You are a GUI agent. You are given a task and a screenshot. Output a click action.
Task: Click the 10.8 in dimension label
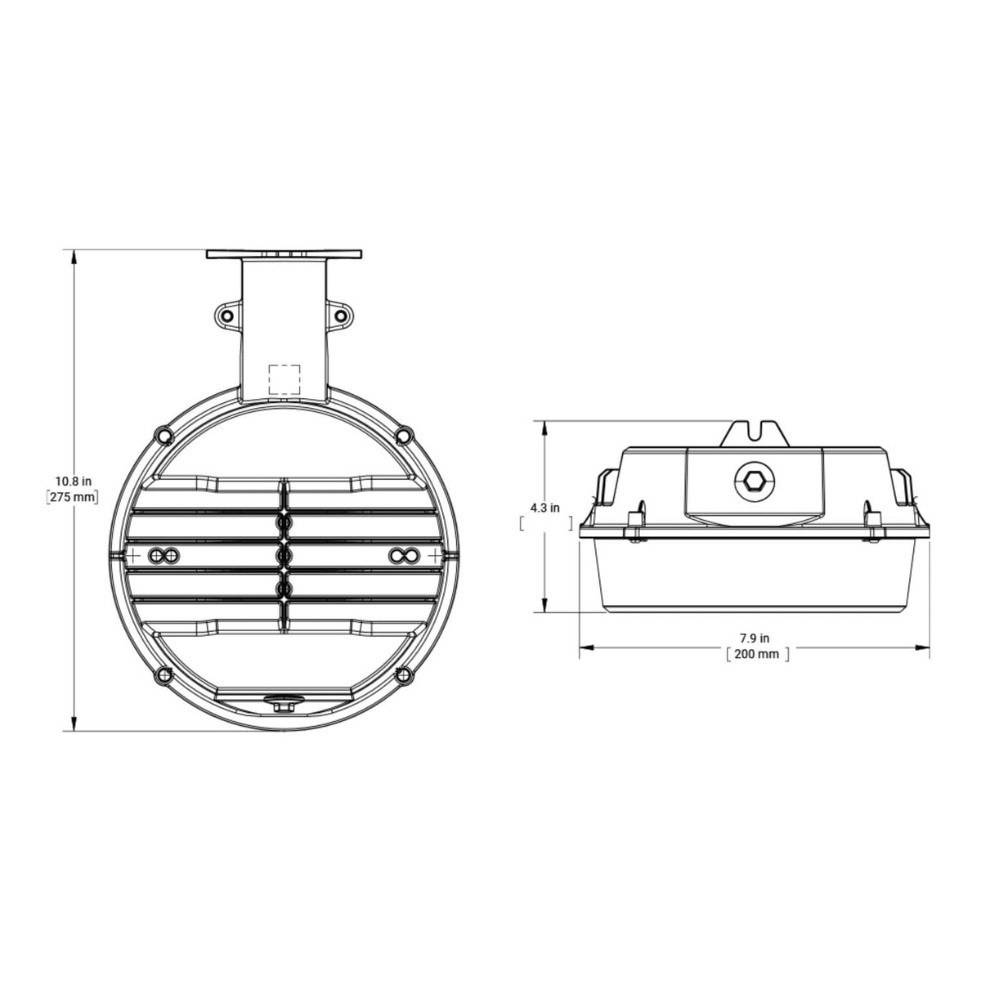(74, 481)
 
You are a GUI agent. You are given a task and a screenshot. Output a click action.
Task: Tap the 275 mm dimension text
(73, 497)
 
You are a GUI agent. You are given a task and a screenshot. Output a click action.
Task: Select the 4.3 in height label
(544, 508)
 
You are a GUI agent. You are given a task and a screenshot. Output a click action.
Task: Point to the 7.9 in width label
(755, 638)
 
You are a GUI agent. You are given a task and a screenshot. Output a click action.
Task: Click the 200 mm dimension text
(756, 654)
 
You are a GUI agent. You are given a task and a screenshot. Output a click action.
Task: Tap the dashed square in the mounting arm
(284, 379)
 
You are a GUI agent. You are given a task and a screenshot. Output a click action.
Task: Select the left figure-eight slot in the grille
(163, 555)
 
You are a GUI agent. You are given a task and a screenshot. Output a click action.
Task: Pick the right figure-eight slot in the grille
(405, 555)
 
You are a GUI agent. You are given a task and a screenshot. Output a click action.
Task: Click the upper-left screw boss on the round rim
(164, 436)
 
